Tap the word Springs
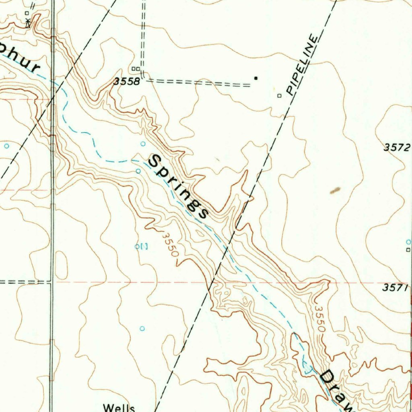178,187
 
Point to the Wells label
119,408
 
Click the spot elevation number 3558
127,82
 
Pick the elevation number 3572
397,148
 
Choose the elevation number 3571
396,287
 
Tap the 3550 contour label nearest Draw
320,319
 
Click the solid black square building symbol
256,78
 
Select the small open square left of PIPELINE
279,96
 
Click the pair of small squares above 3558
136,69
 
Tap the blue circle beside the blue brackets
137,246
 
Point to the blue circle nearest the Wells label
142,329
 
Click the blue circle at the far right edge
408,242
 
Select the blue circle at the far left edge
6,146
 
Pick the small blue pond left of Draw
308,367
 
